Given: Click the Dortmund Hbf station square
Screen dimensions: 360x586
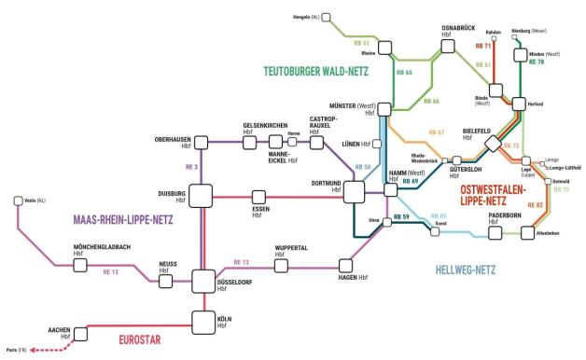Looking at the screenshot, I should tap(354, 192).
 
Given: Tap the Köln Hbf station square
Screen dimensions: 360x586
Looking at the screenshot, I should tap(203, 322).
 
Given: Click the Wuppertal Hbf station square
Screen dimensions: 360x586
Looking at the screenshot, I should tap(278, 266).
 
